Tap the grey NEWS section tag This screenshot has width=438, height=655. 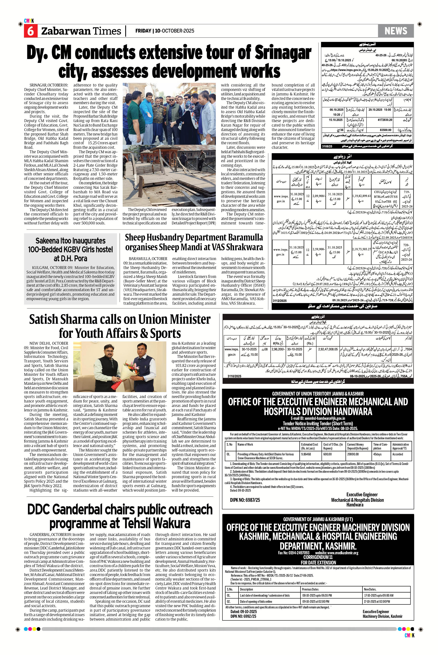tap(396, 31)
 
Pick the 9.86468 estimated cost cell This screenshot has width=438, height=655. tap(306, 454)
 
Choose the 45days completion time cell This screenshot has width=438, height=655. tap(377, 454)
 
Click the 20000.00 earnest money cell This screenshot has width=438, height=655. tap(353, 454)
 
